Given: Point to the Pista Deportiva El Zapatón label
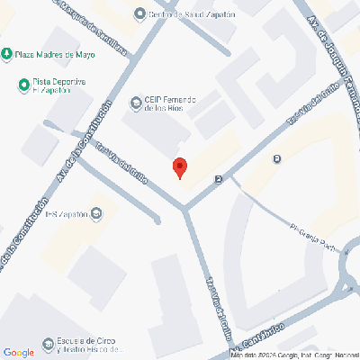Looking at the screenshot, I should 57,86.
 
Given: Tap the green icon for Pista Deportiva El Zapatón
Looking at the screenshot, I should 24,85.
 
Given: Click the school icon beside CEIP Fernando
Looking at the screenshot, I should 136,100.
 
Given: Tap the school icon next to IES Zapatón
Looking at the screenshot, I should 96,213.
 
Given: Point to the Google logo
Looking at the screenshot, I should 19,352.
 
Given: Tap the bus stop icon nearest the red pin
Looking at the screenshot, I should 218,179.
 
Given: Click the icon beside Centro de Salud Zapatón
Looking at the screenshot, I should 139,13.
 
